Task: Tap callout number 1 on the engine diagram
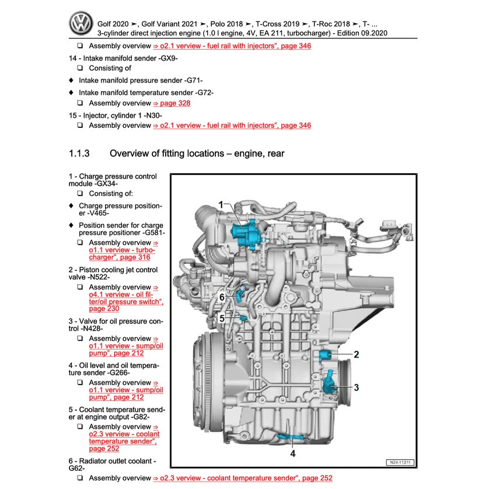tap(222, 204)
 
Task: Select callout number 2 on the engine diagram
tap(356, 354)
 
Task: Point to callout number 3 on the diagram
tap(356, 386)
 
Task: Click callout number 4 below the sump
tap(293, 452)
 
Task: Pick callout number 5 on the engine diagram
tap(222, 318)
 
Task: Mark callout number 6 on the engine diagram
tap(222, 297)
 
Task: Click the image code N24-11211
tap(399, 463)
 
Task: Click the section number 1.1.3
tap(79, 154)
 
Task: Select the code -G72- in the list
tap(202, 92)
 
